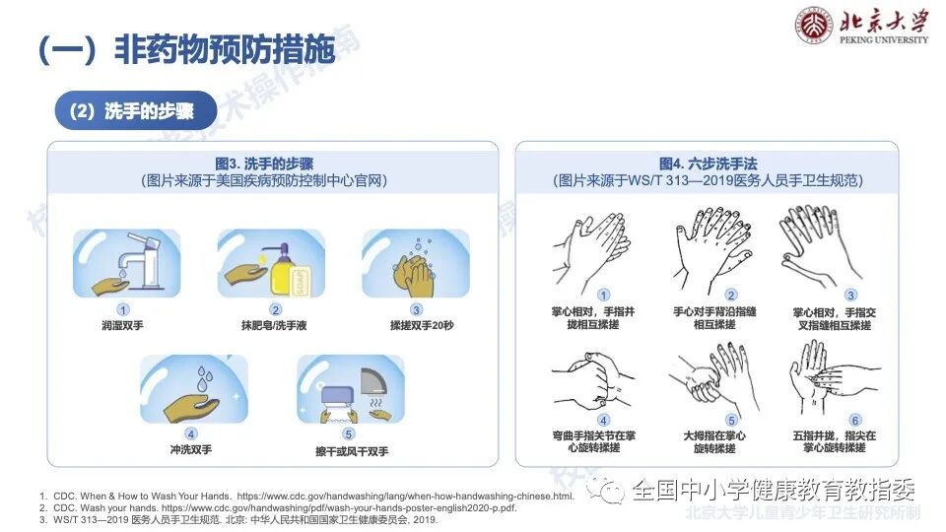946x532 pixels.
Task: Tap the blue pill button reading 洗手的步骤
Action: pyautogui.click(x=136, y=111)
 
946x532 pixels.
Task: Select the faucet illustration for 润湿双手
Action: pyautogui.click(x=127, y=263)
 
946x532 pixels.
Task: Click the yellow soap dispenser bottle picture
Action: pyautogui.click(x=270, y=263)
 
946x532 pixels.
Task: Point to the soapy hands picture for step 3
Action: pyautogui.click(x=415, y=263)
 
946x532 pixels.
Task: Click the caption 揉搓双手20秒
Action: pyautogui.click(x=415, y=325)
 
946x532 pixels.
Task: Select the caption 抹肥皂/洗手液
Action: pyautogui.click(x=270, y=325)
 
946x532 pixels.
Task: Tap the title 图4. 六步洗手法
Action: pyautogui.click(x=707, y=164)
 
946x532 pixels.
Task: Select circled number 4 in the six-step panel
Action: pyautogui.click(x=604, y=420)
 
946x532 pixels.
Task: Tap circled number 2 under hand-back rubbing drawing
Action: pyautogui.click(x=730, y=295)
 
